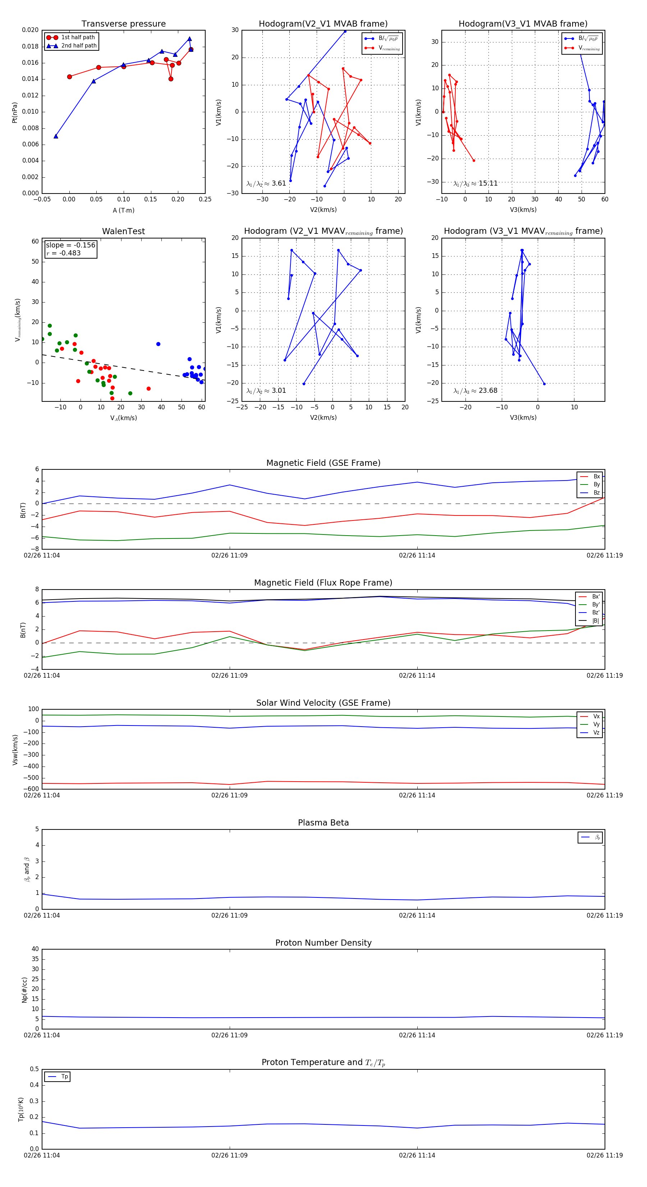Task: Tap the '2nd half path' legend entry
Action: [79, 46]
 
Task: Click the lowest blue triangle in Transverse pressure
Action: [56, 136]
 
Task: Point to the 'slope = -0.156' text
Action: [70, 245]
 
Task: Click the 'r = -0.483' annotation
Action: [64, 253]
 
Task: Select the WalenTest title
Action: [123, 231]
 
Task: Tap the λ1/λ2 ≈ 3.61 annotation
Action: [266, 183]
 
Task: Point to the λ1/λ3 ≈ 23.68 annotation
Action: [475, 391]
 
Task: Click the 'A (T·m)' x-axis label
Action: [123, 210]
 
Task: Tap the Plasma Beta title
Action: [323, 823]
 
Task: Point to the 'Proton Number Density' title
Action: [323, 943]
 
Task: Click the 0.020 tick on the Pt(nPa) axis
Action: [31, 30]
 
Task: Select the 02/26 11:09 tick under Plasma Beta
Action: [229, 915]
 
